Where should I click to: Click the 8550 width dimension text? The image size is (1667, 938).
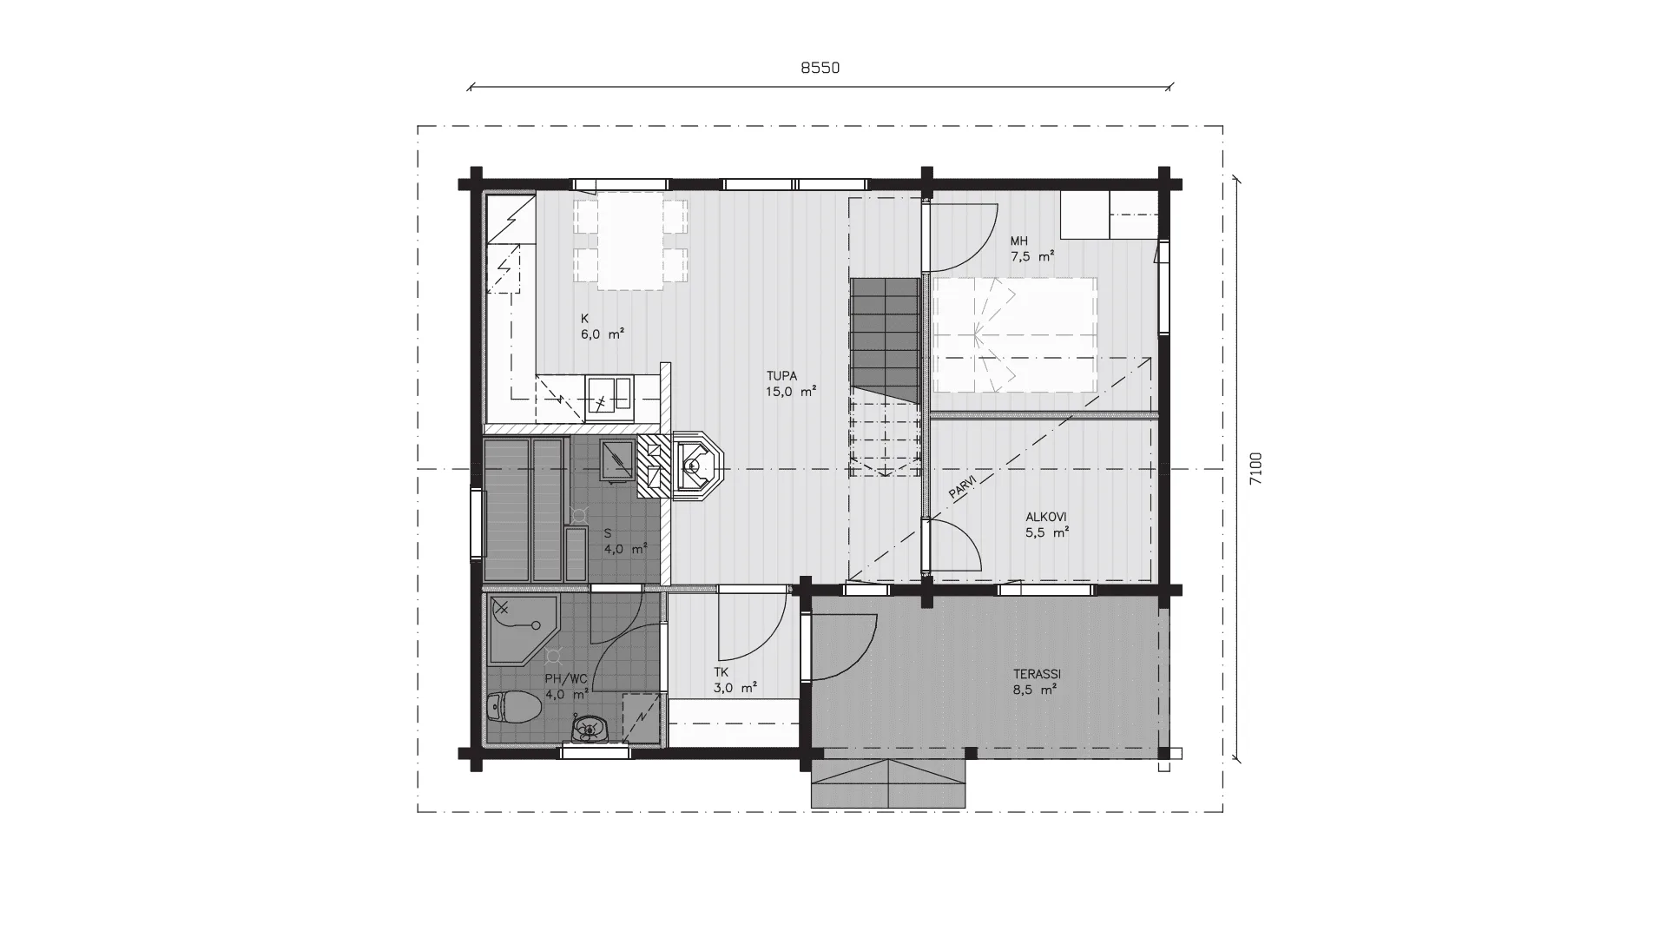click(x=820, y=68)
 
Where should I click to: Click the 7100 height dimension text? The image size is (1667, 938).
click(x=1256, y=469)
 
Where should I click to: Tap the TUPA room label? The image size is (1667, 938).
click(x=781, y=376)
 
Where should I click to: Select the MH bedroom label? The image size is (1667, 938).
click(x=1018, y=241)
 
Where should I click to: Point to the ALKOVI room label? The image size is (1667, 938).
click(x=1046, y=517)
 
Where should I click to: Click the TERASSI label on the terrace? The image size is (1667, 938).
click(x=1038, y=674)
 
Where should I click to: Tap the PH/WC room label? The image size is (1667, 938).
click(x=566, y=678)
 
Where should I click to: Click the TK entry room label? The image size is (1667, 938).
click(x=721, y=672)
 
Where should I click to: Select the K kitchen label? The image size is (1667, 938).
click(x=584, y=319)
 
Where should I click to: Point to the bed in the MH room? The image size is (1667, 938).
click(x=1013, y=334)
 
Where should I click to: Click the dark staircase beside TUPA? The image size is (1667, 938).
click(x=885, y=340)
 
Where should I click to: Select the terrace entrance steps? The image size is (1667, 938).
click(x=889, y=783)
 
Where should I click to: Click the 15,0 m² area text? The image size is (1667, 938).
click(x=790, y=392)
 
